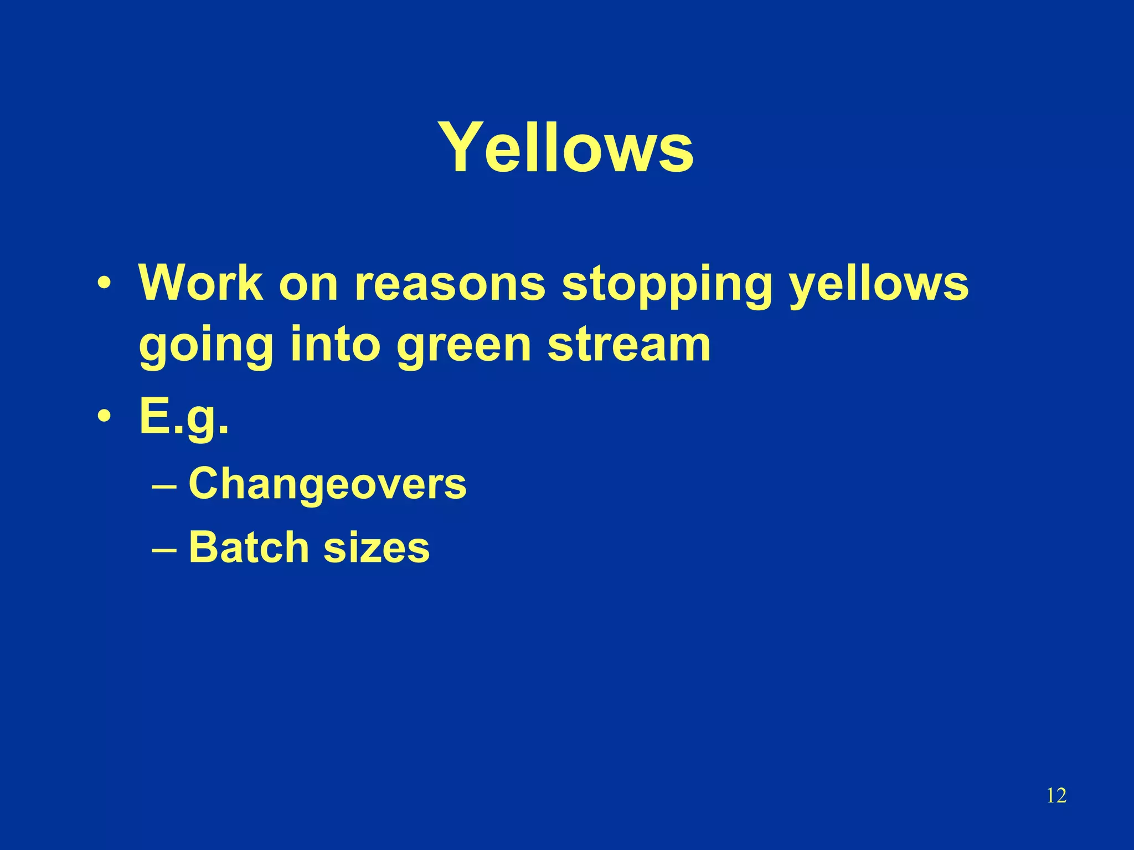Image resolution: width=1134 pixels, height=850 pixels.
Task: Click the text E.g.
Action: tap(183, 417)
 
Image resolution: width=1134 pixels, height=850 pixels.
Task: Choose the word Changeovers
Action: tap(327, 483)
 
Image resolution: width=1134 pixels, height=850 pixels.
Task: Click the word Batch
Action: tap(248, 547)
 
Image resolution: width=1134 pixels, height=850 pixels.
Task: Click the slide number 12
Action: tap(1056, 796)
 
